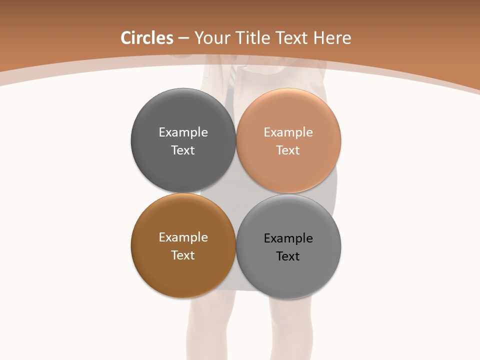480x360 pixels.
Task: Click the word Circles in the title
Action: (x=147, y=38)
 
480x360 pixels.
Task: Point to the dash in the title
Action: (x=183, y=38)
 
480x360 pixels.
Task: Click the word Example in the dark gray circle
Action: (x=183, y=132)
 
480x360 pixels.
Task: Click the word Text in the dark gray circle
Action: (x=183, y=150)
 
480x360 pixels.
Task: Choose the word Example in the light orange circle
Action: (x=288, y=132)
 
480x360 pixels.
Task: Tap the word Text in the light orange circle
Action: (x=288, y=150)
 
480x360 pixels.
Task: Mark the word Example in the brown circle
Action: (x=183, y=237)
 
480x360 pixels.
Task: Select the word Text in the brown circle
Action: (x=183, y=255)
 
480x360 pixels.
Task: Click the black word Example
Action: (x=288, y=238)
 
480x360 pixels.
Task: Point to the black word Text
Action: (x=288, y=256)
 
